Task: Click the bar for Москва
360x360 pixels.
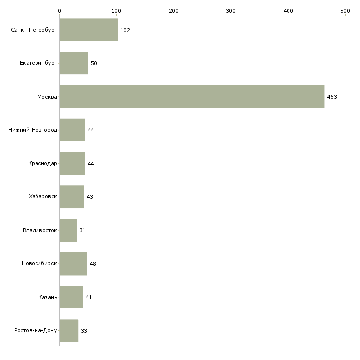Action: [192, 97]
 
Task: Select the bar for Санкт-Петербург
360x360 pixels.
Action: [89, 30]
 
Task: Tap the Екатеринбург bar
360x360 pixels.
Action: [74, 63]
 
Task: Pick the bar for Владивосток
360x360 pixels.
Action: [68, 230]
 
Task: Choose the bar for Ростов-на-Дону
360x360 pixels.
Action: [69, 330]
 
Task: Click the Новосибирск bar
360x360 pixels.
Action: [73, 264]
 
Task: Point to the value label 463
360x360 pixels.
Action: [332, 97]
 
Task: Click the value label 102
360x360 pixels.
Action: [125, 30]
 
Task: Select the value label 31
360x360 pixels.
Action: [82, 230]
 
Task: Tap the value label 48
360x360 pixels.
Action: [93, 264]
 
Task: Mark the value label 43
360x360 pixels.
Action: [90, 197]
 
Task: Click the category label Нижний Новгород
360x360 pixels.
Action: [33, 130]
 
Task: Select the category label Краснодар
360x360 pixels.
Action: [42, 163]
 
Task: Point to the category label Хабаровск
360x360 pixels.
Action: [43, 197]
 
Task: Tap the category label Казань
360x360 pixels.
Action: [48, 297]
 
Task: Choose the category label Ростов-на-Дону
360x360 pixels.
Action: [36, 330]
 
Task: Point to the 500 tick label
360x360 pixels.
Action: [345, 11]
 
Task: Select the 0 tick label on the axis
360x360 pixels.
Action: [60, 11]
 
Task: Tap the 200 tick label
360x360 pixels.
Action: [174, 11]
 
